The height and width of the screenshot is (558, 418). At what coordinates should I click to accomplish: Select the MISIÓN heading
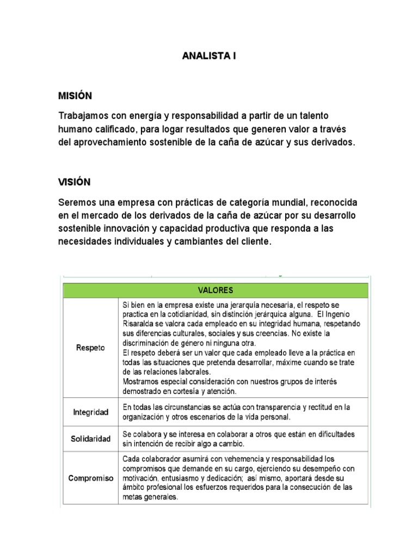(x=75, y=96)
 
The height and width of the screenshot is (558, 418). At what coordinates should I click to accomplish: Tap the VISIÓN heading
(x=75, y=182)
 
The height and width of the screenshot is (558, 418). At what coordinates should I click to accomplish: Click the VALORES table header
(x=216, y=290)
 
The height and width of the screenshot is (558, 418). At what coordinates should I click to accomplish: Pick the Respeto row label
(x=90, y=347)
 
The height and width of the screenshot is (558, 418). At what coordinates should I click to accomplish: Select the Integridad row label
(x=91, y=413)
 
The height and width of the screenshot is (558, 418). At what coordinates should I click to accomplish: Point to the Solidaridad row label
(x=90, y=439)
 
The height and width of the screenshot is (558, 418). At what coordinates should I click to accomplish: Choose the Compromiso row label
(x=90, y=478)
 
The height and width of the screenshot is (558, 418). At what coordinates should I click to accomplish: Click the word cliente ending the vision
(x=254, y=240)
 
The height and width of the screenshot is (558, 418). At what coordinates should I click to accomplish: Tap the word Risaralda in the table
(x=140, y=323)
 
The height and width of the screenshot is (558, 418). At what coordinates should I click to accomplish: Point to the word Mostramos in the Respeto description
(x=140, y=381)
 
